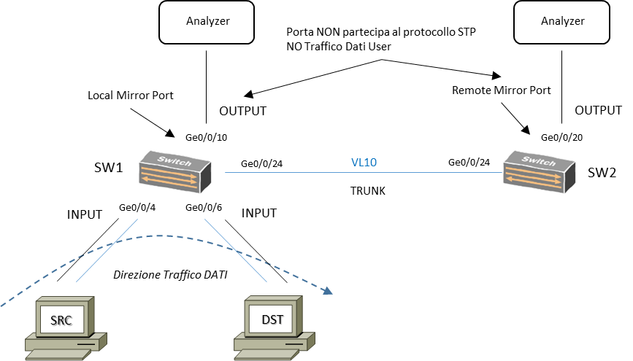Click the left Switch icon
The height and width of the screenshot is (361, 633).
pos(174,172)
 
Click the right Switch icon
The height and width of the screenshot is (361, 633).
pos(539,172)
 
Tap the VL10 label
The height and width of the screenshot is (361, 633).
pos(364,163)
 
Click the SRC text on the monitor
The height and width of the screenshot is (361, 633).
pos(61,320)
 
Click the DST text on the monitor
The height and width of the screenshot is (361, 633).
pos(272,319)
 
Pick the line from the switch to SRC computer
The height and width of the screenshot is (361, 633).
pos(107,250)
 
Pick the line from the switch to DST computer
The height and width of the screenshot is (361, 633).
pos(236,250)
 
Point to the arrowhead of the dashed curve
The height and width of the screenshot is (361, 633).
pos(329,291)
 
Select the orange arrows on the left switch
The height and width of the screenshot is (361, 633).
pos(169,179)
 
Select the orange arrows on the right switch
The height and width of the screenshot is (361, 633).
pos(533,179)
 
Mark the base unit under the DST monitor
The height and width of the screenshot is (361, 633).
pos(273,341)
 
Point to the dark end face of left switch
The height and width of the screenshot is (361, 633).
pos(206,177)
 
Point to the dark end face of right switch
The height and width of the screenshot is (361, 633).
pos(570,177)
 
